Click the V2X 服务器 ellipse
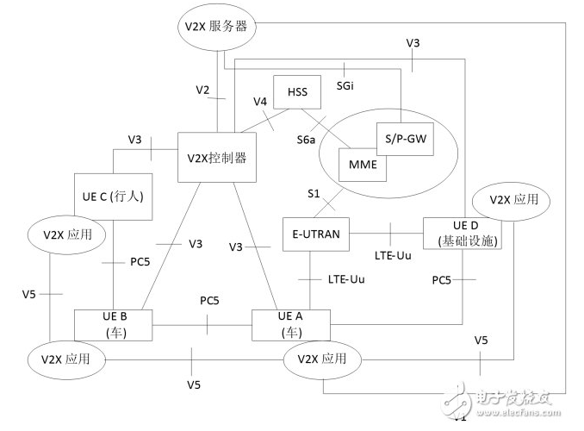(x=215, y=27)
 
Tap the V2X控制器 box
(x=217, y=158)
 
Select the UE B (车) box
(x=115, y=324)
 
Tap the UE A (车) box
(x=291, y=324)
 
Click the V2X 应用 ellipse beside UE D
(x=513, y=199)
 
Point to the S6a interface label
(x=307, y=139)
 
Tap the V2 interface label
(x=202, y=89)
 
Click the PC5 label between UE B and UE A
(x=210, y=302)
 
